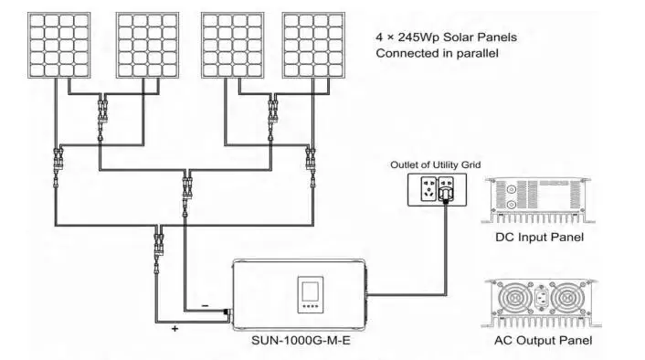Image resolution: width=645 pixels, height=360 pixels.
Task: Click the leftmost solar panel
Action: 58,45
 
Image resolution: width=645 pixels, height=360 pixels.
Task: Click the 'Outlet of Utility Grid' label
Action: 435,164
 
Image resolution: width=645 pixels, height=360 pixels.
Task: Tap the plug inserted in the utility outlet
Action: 448,193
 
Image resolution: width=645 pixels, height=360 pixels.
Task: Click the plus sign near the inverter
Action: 174,327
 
